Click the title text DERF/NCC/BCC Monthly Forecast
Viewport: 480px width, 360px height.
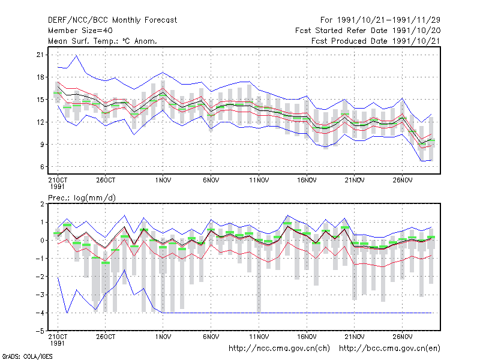tap(112, 20)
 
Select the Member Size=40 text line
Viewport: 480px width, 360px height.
tap(80, 31)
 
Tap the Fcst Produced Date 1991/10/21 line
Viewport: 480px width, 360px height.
tap(376, 41)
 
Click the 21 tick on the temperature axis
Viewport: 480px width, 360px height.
tap(40, 55)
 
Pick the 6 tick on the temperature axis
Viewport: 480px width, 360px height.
tap(42, 167)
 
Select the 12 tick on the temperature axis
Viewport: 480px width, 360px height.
tap(40, 122)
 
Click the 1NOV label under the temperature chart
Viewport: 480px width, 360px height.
tap(163, 181)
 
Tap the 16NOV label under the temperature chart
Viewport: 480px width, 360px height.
tap(307, 181)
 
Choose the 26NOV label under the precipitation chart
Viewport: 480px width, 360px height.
tap(402, 337)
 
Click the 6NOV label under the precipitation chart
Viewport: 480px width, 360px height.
tap(211, 337)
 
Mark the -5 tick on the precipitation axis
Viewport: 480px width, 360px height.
tap(40, 331)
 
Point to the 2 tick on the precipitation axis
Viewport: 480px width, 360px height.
tap(42, 204)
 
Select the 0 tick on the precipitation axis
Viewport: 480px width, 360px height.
tap(42, 241)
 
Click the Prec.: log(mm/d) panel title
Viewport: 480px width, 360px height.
tap(82, 198)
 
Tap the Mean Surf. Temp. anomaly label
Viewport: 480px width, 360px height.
tap(103, 41)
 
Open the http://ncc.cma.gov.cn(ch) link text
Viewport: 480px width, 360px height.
tap(279, 349)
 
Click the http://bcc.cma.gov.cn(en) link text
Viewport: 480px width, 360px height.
tap(389, 349)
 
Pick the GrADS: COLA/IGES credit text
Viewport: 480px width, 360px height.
tap(27, 356)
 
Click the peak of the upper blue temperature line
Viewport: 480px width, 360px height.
tap(77, 56)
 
